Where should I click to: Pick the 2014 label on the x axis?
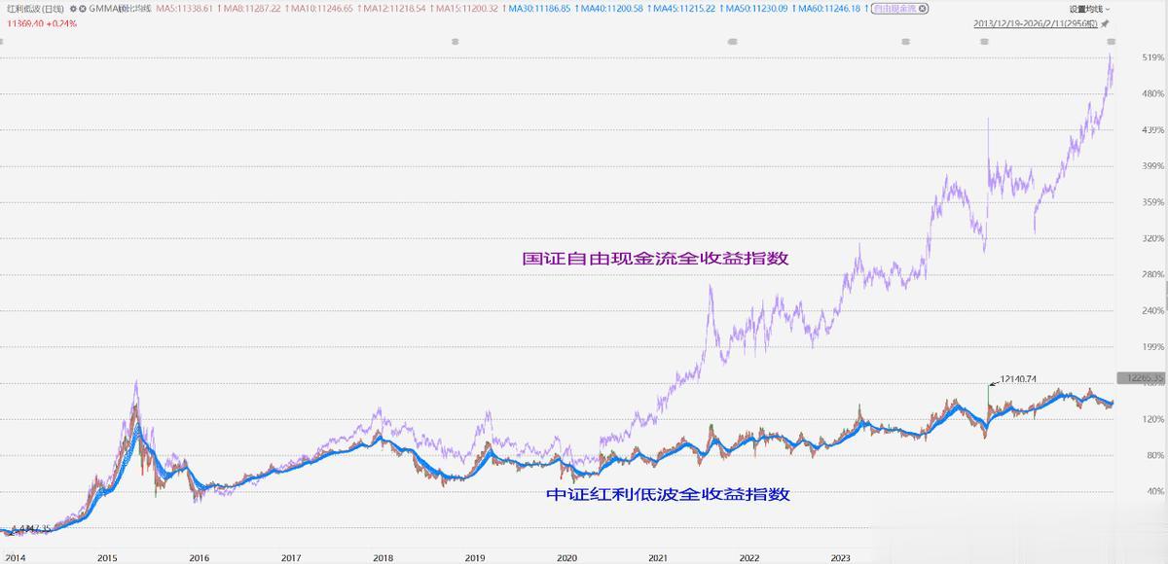click(x=15, y=558)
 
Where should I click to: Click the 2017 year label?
click(x=290, y=558)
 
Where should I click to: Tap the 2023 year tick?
click(x=841, y=558)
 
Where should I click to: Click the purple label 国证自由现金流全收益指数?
click(x=654, y=260)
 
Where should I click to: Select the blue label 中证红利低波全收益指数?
click(x=667, y=494)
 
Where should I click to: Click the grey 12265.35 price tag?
click(x=1141, y=377)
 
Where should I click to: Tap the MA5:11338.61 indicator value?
click(x=189, y=9)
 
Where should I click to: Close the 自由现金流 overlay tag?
click(x=922, y=9)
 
